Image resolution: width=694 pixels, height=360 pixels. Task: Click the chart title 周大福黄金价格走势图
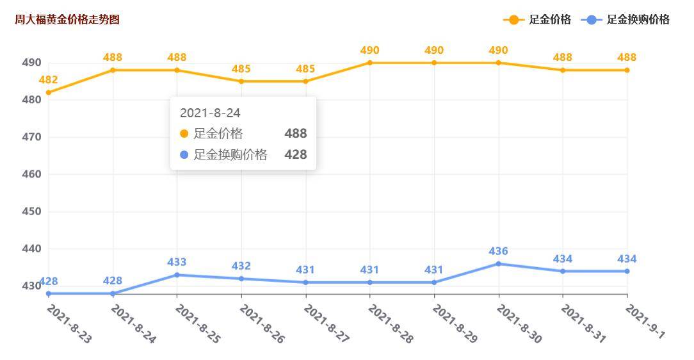pyautogui.click(x=67, y=20)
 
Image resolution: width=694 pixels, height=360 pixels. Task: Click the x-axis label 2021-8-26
pyautogui.click(x=262, y=323)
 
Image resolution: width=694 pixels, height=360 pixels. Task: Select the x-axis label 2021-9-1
pyautogui.click(x=645, y=322)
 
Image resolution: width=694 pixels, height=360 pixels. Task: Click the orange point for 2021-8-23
pyautogui.click(x=49, y=92)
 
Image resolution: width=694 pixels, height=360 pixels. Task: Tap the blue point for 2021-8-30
pyautogui.click(x=499, y=263)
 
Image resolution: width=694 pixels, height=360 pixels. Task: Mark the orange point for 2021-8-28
pyautogui.click(x=370, y=63)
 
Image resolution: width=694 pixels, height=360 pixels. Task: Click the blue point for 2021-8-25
pyautogui.click(x=177, y=275)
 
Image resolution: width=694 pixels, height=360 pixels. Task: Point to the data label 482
pyautogui.click(x=49, y=80)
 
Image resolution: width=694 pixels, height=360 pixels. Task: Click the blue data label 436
pyautogui.click(x=499, y=251)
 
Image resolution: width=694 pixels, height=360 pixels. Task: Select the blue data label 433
pyautogui.click(x=177, y=263)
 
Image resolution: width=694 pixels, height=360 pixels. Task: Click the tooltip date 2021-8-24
pyautogui.click(x=210, y=113)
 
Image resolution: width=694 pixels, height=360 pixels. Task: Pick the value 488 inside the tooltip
pyautogui.click(x=296, y=134)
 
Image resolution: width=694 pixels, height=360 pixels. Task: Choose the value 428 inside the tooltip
pyautogui.click(x=296, y=155)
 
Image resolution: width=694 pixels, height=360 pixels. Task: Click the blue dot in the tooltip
pyautogui.click(x=184, y=155)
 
